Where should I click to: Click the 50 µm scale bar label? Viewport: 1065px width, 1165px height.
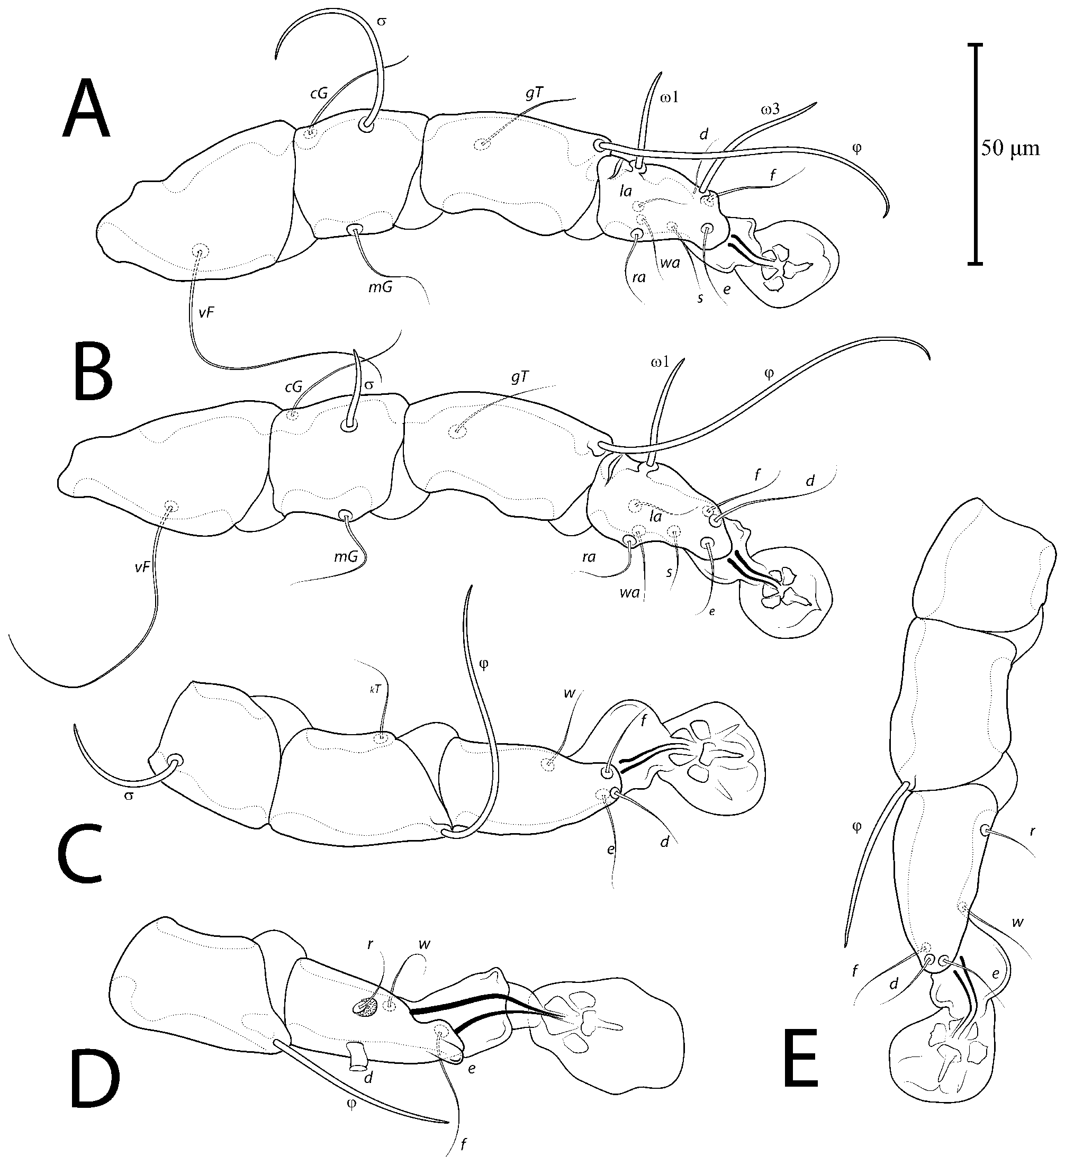click(1010, 149)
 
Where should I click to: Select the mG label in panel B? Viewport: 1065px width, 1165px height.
click(346, 556)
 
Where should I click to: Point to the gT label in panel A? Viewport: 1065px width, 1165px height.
click(534, 95)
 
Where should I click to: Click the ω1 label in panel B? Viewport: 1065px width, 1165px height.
click(660, 363)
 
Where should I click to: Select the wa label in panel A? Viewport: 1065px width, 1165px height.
click(670, 263)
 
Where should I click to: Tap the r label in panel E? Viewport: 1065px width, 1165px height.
click(1033, 832)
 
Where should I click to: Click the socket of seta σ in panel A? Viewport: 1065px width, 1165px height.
click(365, 124)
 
